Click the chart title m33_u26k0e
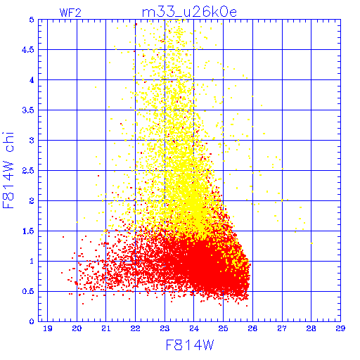[x=189, y=12]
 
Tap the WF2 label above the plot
[x=70, y=13]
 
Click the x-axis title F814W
[x=190, y=345]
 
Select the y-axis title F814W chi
[x=8, y=170]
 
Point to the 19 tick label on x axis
[x=48, y=328]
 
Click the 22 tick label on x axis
[x=135, y=328]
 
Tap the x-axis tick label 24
[x=194, y=328]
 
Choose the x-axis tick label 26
[x=252, y=328]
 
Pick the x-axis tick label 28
[x=311, y=328]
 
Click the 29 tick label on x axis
[x=340, y=328]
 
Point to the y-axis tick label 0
[x=32, y=321]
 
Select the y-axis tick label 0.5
[x=28, y=291]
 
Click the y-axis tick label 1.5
[x=28, y=231]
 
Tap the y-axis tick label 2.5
[x=28, y=171]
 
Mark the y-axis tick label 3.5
[x=28, y=110]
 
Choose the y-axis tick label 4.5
[x=28, y=50]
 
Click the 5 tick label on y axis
[x=32, y=20]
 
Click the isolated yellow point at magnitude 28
[x=311, y=243]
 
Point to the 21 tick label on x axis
[x=106, y=328]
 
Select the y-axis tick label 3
[x=32, y=141]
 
